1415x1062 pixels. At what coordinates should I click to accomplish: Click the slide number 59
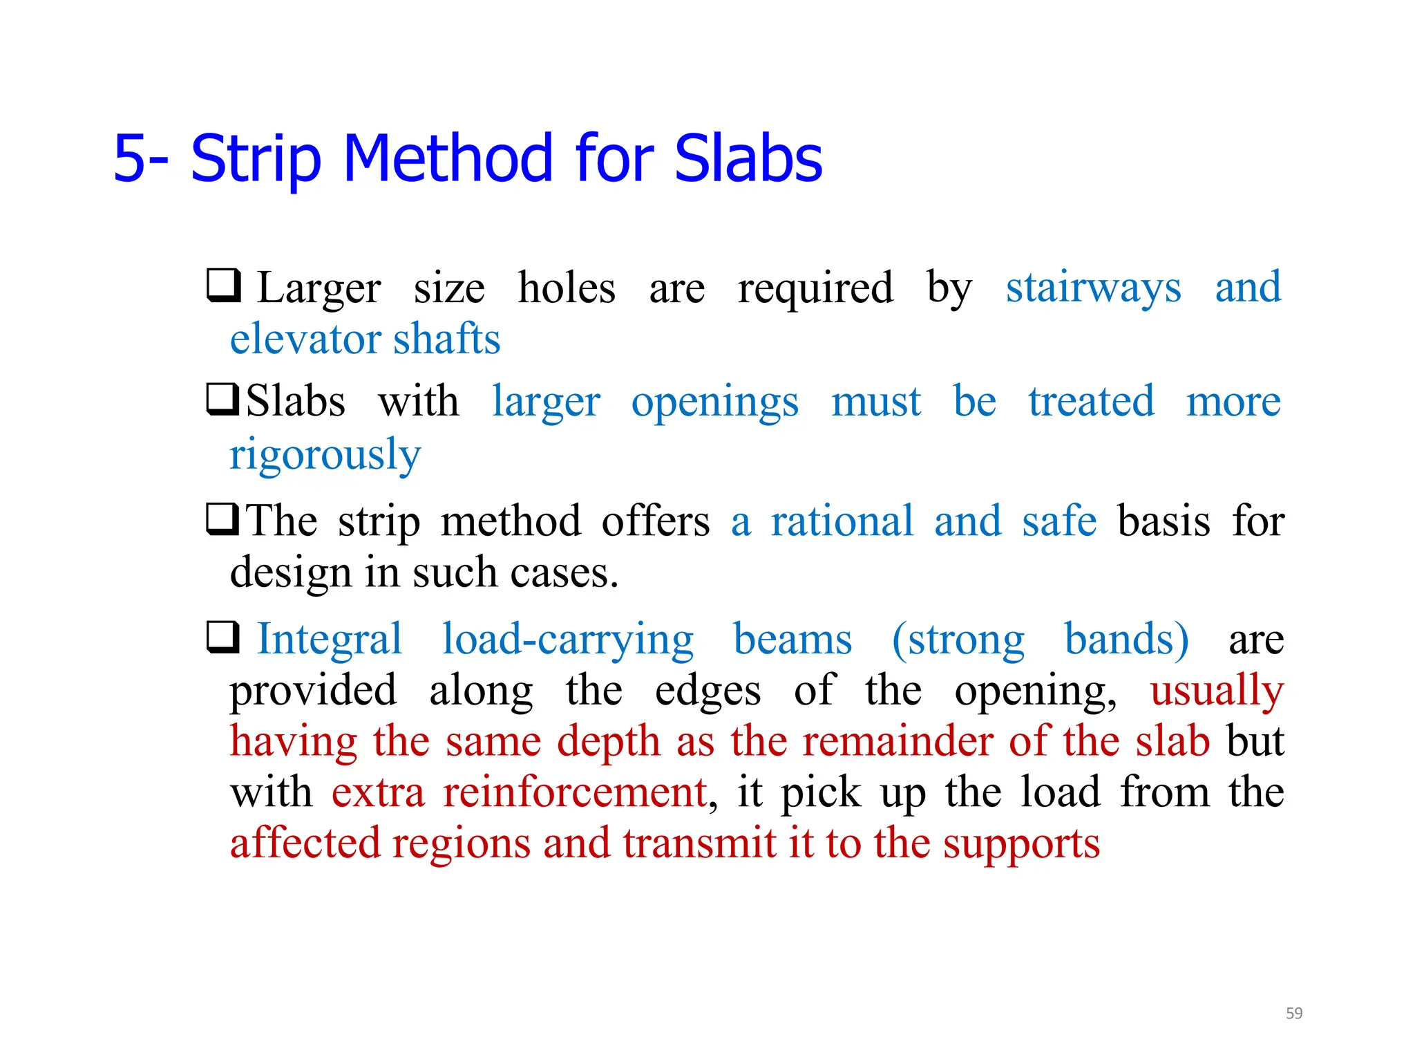coord(1293,1013)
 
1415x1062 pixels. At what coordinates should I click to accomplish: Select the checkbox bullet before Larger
coord(224,286)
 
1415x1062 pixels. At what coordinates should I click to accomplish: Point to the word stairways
coord(1093,288)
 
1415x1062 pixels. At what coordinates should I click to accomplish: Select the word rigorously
coord(325,456)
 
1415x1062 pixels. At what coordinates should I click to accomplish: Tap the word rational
coord(842,521)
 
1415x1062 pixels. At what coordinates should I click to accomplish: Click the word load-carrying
coord(567,640)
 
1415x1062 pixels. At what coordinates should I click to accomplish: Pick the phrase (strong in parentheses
coord(958,640)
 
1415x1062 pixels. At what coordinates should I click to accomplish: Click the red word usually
coord(1216,691)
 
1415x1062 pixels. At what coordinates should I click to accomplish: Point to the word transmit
coord(700,844)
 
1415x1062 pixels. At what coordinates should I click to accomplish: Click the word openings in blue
coord(714,403)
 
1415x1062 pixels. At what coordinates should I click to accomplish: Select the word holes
coord(567,288)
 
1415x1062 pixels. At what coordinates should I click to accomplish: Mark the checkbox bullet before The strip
coord(223,520)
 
